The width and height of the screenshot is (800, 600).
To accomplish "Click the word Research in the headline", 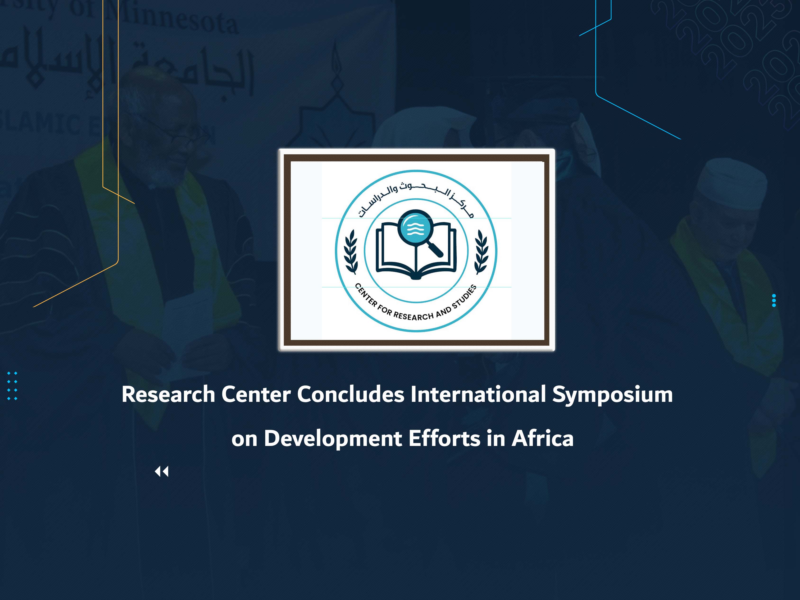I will [x=168, y=394].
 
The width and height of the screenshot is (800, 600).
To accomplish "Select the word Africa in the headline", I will [x=542, y=439].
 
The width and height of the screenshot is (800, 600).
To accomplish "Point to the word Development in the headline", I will [x=333, y=439].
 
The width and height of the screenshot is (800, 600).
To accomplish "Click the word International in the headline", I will [x=478, y=394].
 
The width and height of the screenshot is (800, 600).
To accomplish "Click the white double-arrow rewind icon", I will [x=162, y=472].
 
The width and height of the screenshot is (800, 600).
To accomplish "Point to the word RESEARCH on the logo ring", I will [x=413, y=316].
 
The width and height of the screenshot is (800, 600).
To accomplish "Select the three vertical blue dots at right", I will [x=774, y=300].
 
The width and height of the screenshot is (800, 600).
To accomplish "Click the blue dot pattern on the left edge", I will [x=12, y=386].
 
